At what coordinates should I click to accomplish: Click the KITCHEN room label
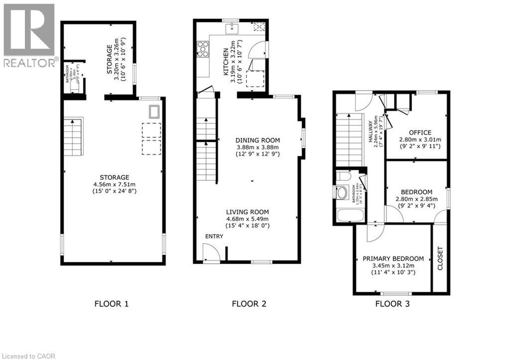[226, 62]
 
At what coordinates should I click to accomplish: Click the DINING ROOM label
[257, 140]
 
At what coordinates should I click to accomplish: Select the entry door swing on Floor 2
[211, 252]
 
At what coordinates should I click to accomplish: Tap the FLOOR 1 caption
[112, 304]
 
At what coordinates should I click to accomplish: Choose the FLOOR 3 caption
[392, 304]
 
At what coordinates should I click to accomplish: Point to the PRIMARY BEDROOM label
[393, 258]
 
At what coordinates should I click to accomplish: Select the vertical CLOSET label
[440, 258]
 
